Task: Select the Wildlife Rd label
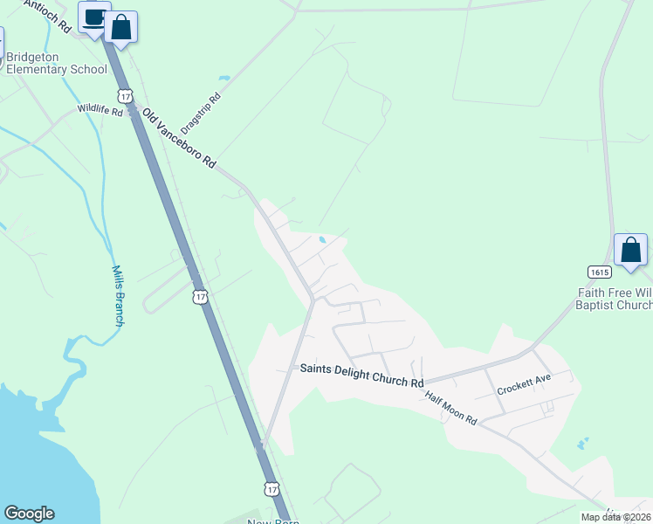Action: pyautogui.click(x=100, y=109)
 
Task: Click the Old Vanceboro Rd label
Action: pyautogui.click(x=179, y=139)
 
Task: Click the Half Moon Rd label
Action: pyautogui.click(x=450, y=408)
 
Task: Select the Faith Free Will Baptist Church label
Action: pyautogui.click(x=614, y=299)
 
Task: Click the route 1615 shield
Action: pyautogui.click(x=598, y=272)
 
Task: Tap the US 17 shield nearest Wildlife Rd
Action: pyautogui.click(x=127, y=94)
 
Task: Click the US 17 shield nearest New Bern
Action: pyautogui.click(x=272, y=487)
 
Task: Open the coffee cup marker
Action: pyautogui.click(x=93, y=18)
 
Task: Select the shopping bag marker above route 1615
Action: pyautogui.click(x=630, y=250)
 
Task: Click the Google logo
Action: pyautogui.click(x=29, y=514)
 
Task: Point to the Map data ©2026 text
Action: pyautogui.click(x=615, y=517)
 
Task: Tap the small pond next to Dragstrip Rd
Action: pyautogui.click(x=224, y=79)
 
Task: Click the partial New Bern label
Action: pyautogui.click(x=274, y=521)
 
